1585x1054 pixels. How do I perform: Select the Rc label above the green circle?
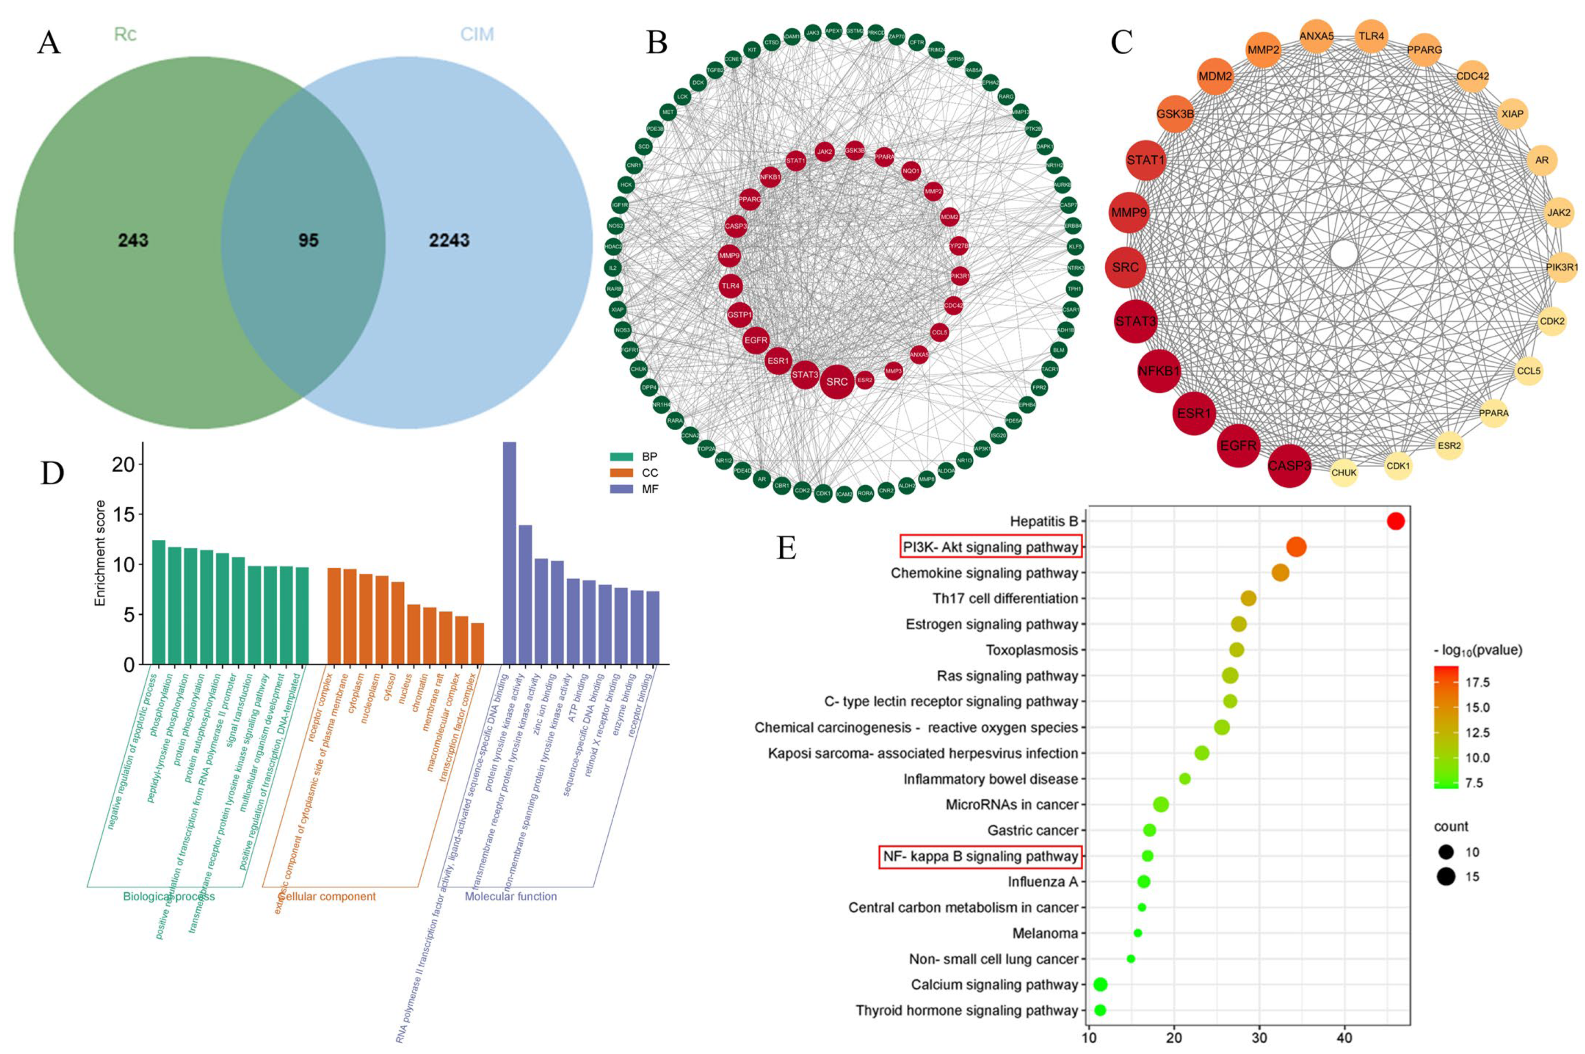125,34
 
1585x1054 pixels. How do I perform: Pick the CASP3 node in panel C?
1289,465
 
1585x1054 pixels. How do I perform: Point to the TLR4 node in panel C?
1370,36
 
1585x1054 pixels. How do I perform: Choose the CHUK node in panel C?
1344,473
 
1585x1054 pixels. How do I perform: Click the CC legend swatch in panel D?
622,473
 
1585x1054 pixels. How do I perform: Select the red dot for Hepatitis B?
1396,521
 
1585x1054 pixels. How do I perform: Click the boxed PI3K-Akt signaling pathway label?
990,547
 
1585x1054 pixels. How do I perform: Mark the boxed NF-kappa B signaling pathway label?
980,856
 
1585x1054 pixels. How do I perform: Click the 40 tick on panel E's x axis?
1344,1038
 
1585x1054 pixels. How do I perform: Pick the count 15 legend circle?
1446,877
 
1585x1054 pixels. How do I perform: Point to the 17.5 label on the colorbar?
1477,682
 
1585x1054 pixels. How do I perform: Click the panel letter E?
786,548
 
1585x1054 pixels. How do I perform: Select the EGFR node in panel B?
755,340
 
